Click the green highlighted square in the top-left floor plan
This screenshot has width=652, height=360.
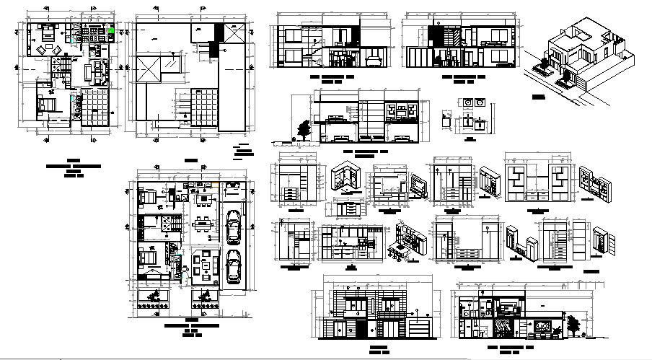click(112, 31)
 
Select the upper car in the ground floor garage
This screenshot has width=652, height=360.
click(232, 227)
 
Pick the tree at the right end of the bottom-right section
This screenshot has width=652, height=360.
click(574, 325)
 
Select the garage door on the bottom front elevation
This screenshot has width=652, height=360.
click(418, 328)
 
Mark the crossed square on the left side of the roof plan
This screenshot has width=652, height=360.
click(149, 70)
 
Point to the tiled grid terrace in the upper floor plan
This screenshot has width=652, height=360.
click(94, 107)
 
